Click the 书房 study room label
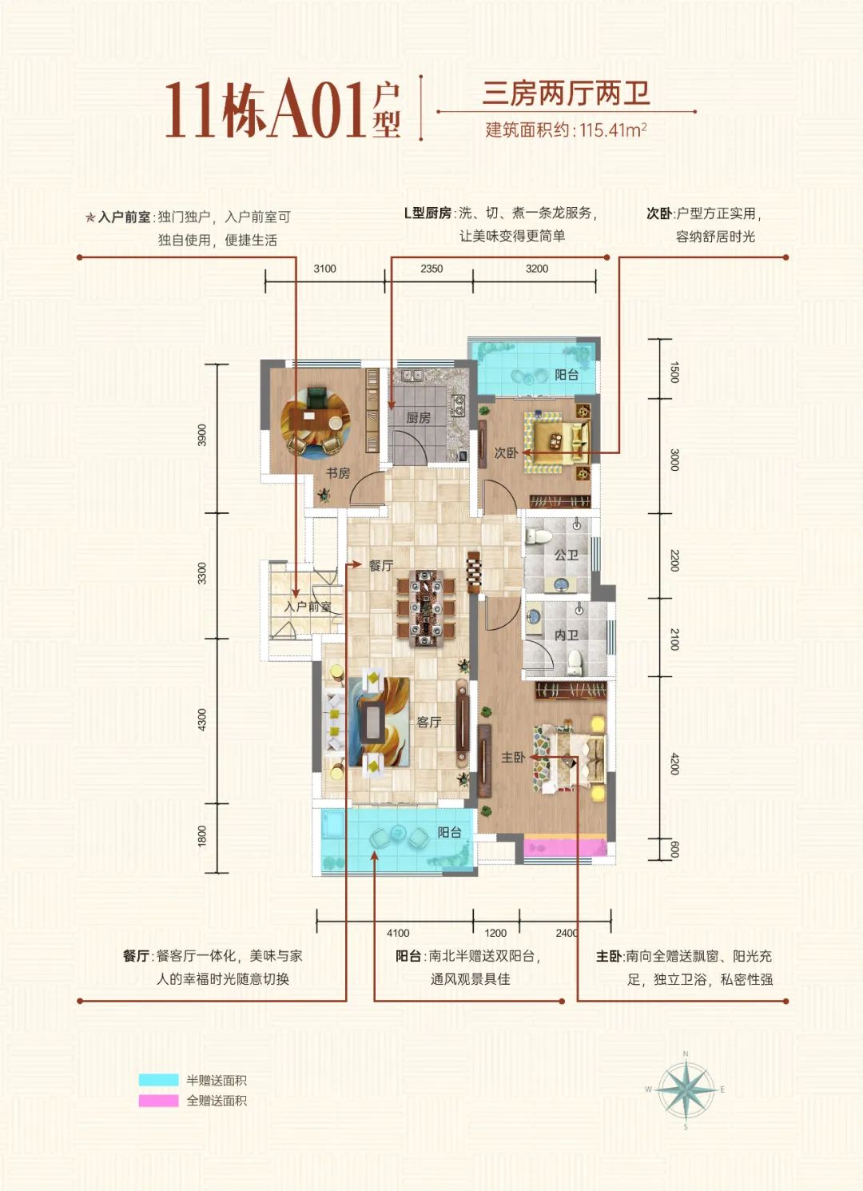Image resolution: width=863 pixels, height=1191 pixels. pos(338,473)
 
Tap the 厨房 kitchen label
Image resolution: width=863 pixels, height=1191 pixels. pos(418,417)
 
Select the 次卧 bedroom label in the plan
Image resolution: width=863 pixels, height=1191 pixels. pos(506,452)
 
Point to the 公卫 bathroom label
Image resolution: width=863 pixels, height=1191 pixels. pos(566,554)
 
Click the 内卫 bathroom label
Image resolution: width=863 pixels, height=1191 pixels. pos(566,635)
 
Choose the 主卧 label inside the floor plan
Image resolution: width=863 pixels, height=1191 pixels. pos(512,757)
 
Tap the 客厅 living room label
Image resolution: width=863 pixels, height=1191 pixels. pos(429,722)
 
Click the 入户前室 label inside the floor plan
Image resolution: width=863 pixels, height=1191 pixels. pos(308,607)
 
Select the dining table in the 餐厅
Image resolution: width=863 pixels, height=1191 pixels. pos(425,607)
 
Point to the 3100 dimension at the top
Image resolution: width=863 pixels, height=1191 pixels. pos(324,269)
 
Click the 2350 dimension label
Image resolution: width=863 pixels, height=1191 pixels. pos(431,269)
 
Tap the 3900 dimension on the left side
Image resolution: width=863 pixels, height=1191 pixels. pos(202,435)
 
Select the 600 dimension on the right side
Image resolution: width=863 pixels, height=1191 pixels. pos(674,849)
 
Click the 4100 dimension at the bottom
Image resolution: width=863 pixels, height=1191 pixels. pos(398,933)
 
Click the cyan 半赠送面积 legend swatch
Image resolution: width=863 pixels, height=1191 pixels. pos(158,1080)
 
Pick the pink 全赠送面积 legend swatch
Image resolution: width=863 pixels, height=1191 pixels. pos(158,1101)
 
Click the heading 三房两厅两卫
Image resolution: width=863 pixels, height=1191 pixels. pos(566,94)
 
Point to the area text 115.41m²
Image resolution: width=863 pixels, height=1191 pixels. pos(612,129)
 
